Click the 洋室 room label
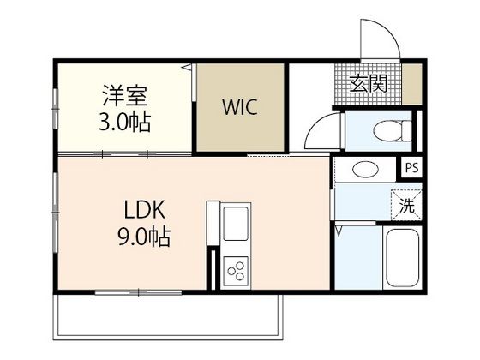pyautogui.click(x=125, y=94)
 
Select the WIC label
pyautogui.click(x=240, y=107)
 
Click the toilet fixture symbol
pyautogui.click(x=393, y=130)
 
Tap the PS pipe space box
pyautogui.click(x=411, y=168)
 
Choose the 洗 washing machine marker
pyautogui.click(x=407, y=205)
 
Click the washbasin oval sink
pyautogui.click(x=365, y=170)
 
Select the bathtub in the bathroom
pyautogui.click(x=403, y=257)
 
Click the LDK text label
pyautogui.click(x=145, y=209)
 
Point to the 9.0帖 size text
pyautogui.click(x=144, y=237)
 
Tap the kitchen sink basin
pyautogui.click(x=236, y=224)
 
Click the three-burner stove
pyautogui.click(x=236, y=270)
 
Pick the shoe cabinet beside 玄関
pyautogui.click(x=412, y=84)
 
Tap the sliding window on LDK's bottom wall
pyautogui.click(x=138, y=292)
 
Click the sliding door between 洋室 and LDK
pyautogui.click(x=125, y=153)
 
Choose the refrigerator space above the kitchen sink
pyautogui.click(x=213, y=223)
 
